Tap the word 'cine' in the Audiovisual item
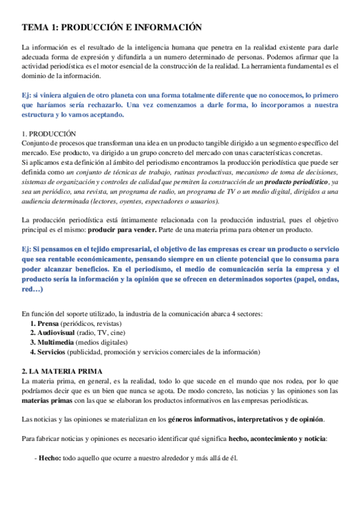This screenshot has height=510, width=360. click(118, 333)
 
